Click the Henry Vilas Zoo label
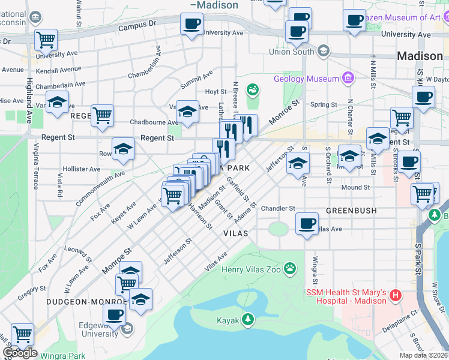pos(251,269)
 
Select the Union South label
pos(292,52)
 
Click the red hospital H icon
pos(395,295)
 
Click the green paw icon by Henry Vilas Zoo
pos(291,268)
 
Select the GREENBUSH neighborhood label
pos(351,211)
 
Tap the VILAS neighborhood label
pos(235,232)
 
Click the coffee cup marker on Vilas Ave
pos(307,224)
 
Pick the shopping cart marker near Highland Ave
pos(46,40)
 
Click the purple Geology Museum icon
pos(347,78)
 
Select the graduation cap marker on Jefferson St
pos(298,163)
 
